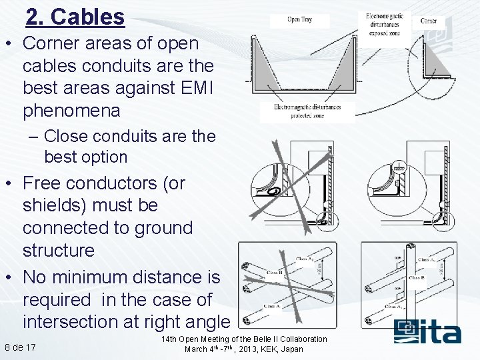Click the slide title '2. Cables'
75,17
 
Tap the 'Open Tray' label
299,19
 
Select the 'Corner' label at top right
429,21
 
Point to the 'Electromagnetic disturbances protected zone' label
307,111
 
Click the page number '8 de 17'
21,347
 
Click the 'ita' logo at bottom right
427,331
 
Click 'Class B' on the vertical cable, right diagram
417,277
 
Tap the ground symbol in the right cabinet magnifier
398,169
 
